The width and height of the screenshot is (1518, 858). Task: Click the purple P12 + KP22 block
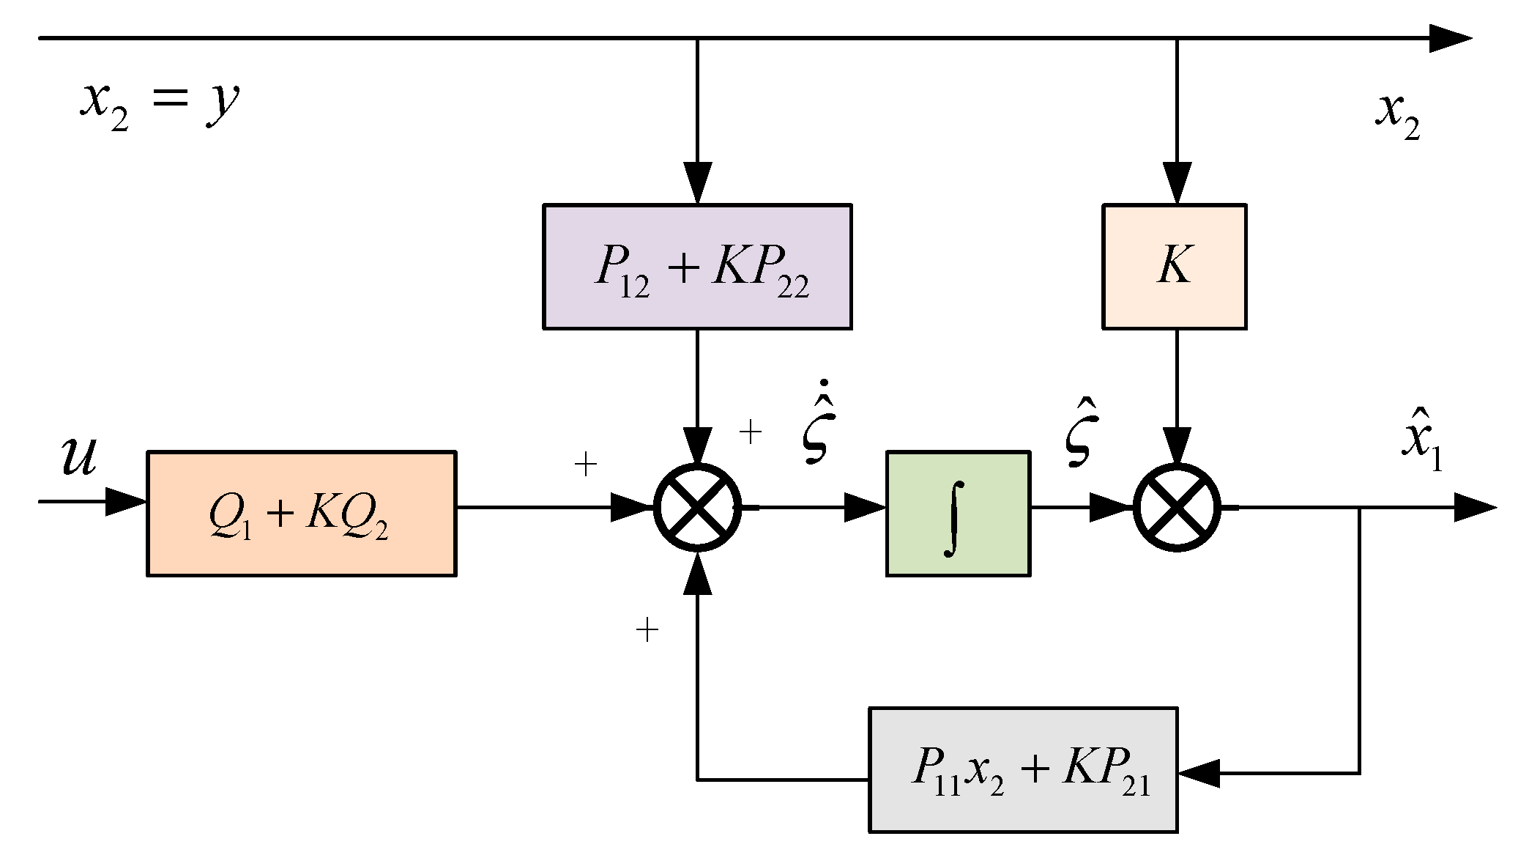(x=696, y=267)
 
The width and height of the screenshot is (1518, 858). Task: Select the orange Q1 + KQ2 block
(x=301, y=514)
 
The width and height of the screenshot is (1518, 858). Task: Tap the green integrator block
(x=957, y=514)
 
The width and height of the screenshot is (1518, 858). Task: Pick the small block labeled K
(x=1174, y=267)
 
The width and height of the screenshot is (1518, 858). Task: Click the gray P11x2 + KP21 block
(x=1022, y=769)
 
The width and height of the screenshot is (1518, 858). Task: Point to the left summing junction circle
(x=697, y=507)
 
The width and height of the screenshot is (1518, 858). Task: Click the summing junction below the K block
(x=1177, y=507)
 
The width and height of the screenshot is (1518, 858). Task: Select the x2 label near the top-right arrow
(x=1396, y=116)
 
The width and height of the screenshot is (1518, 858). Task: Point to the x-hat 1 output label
(x=1421, y=447)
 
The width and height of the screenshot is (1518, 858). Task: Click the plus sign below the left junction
(x=647, y=629)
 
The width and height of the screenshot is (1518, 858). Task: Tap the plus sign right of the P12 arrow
(x=751, y=432)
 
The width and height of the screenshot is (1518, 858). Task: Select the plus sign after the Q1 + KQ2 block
(x=585, y=464)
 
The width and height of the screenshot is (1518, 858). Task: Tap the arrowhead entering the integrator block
(x=865, y=507)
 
